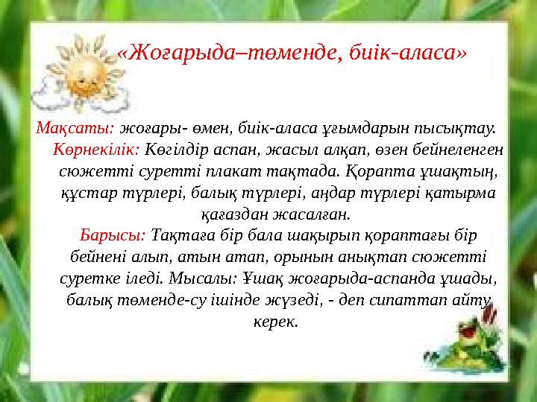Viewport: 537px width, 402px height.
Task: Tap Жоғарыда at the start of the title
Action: [167, 54]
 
